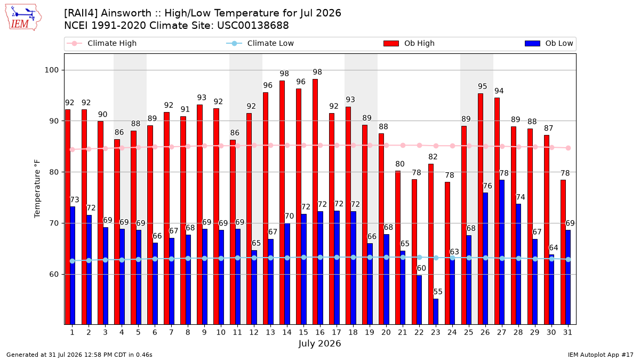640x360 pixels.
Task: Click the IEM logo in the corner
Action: pyautogui.click(x=23, y=18)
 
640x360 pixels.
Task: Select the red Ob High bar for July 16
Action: pyautogui.click(x=315, y=202)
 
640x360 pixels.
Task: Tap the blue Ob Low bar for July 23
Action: pyautogui.click(x=436, y=311)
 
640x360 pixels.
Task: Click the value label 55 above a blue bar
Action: pyautogui.click(x=438, y=292)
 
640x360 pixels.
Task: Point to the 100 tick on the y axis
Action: pyautogui.click(x=51, y=70)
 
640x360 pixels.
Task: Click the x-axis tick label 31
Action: pyautogui.click(x=567, y=332)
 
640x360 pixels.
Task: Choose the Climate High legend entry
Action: pyautogui.click(x=101, y=43)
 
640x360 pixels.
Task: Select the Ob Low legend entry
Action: pyautogui.click(x=549, y=43)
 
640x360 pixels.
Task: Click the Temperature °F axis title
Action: pyautogui.click(x=37, y=189)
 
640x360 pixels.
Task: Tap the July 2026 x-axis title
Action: pyautogui.click(x=319, y=343)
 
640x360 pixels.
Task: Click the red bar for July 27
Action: pyautogui.click(x=497, y=211)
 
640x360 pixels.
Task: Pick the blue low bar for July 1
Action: pyautogui.click(x=73, y=266)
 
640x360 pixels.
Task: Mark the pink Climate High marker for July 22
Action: pyautogui.click(x=419, y=146)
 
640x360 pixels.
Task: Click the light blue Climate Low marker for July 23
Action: pyautogui.click(x=436, y=258)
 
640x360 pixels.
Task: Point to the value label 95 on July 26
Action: pyautogui.click(x=483, y=86)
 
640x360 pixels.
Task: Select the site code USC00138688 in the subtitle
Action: pyautogui.click(x=253, y=26)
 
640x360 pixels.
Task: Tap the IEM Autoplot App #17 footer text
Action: pyautogui.click(x=601, y=355)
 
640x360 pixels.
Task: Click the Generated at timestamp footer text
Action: pyautogui.click(x=79, y=355)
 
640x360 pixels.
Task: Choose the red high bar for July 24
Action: pyautogui.click(x=447, y=253)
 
